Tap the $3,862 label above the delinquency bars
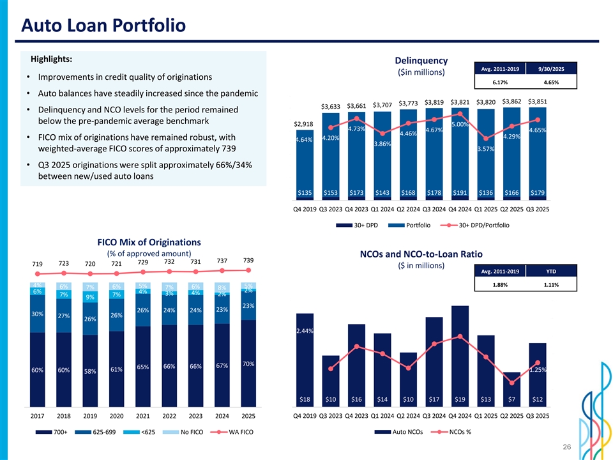click(x=513, y=101)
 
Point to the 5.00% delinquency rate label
click(x=460, y=125)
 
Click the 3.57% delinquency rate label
click(x=487, y=149)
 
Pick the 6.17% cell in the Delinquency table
click(x=499, y=82)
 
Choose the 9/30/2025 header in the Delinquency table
click(x=550, y=69)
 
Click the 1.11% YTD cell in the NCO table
click(x=550, y=285)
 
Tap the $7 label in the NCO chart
click(x=512, y=399)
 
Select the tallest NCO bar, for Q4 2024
click(x=460, y=355)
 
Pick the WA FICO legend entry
click(x=239, y=433)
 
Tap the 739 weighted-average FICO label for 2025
click(x=248, y=260)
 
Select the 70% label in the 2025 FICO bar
click(x=248, y=364)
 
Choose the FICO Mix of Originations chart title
click(x=149, y=242)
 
